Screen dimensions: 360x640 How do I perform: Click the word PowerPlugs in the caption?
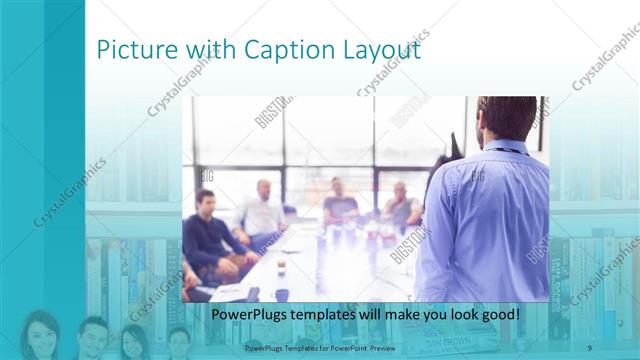coord(250,314)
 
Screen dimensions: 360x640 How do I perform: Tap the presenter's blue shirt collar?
coord(505,149)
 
